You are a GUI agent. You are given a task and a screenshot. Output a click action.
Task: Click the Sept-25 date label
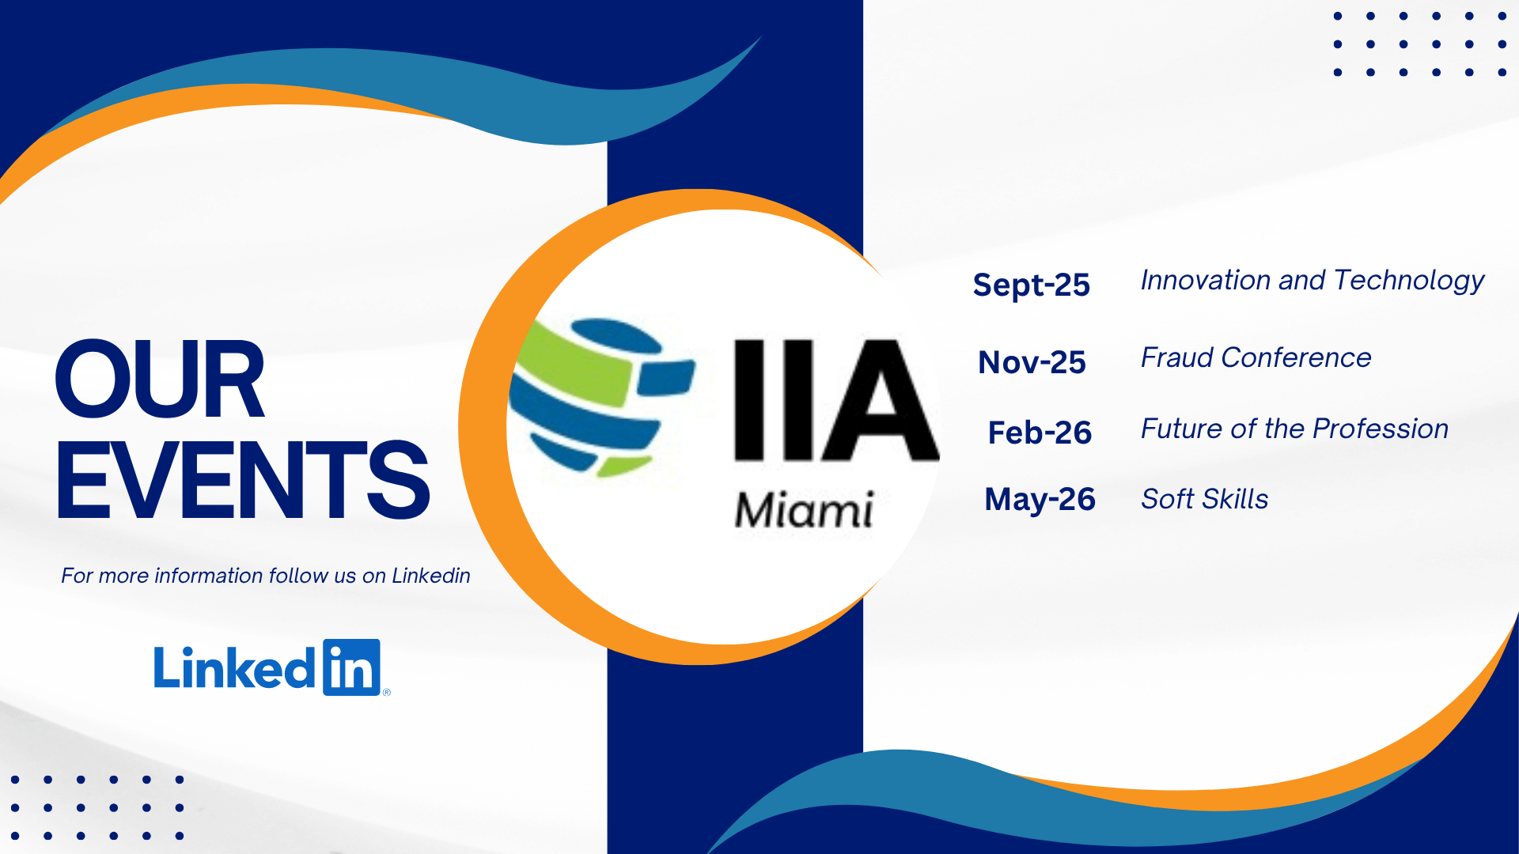[x=1032, y=285]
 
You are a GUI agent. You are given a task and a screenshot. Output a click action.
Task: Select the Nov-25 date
[x=1032, y=362]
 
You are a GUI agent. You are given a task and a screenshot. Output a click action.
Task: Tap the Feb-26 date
[x=1040, y=433]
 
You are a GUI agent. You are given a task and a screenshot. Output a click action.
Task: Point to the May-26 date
[x=1040, y=500]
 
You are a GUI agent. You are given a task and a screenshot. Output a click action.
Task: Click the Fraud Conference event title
[x=1256, y=357]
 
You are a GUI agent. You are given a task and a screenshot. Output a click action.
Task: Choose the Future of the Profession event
[x=1294, y=429]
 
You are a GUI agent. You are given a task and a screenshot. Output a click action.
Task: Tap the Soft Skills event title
[x=1204, y=499]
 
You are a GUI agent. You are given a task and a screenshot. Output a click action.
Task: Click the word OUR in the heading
[x=160, y=379]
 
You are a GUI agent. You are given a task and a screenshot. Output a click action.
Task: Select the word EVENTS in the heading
[x=243, y=480]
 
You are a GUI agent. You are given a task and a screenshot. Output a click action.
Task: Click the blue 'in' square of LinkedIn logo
[x=351, y=667]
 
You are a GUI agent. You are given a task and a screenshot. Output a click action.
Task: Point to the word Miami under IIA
[x=804, y=509]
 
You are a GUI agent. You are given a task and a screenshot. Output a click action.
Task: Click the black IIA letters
[x=836, y=400]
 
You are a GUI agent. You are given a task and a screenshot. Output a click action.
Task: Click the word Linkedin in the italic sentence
[x=431, y=576]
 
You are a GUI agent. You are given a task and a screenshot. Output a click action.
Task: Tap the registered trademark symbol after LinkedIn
[x=387, y=692]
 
